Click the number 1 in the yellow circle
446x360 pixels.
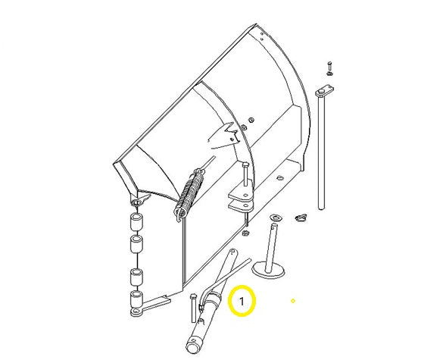pos(242,302)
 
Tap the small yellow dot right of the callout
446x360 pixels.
pos(293,302)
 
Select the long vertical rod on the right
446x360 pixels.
pos(323,152)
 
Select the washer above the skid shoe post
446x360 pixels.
pos(273,218)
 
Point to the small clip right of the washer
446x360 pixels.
pos(301,218)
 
